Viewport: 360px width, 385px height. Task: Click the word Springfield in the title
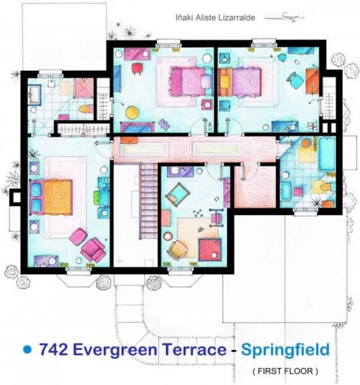[x=285, y=349]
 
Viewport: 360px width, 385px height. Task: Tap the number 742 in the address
[x=53, y=349]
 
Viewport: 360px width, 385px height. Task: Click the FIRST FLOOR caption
[x=285, y=371]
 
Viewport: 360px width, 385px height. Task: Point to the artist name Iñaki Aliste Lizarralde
[x=215, y=18]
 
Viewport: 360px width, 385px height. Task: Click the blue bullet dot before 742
[x=27, y=349]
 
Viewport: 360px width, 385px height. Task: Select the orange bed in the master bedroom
[x=58, y=197]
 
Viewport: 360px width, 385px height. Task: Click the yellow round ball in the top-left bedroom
[x=132, y=113]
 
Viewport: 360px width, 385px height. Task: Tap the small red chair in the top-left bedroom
[x=137, y=69]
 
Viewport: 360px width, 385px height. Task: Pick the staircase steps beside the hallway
[x=149, y=201]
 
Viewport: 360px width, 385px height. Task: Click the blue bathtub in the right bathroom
[x=327, y=154]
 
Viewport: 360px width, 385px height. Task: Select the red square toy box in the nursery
[x=209, y=250]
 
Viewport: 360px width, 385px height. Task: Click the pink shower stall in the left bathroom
[x=84, y=88]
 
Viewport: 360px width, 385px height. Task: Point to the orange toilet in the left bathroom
[x=86, y=109]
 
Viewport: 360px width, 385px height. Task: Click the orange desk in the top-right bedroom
[x=312, y=82]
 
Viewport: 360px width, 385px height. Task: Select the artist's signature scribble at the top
[x=284, y=18]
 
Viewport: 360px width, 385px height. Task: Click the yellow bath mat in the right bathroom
[x=306, y=154]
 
